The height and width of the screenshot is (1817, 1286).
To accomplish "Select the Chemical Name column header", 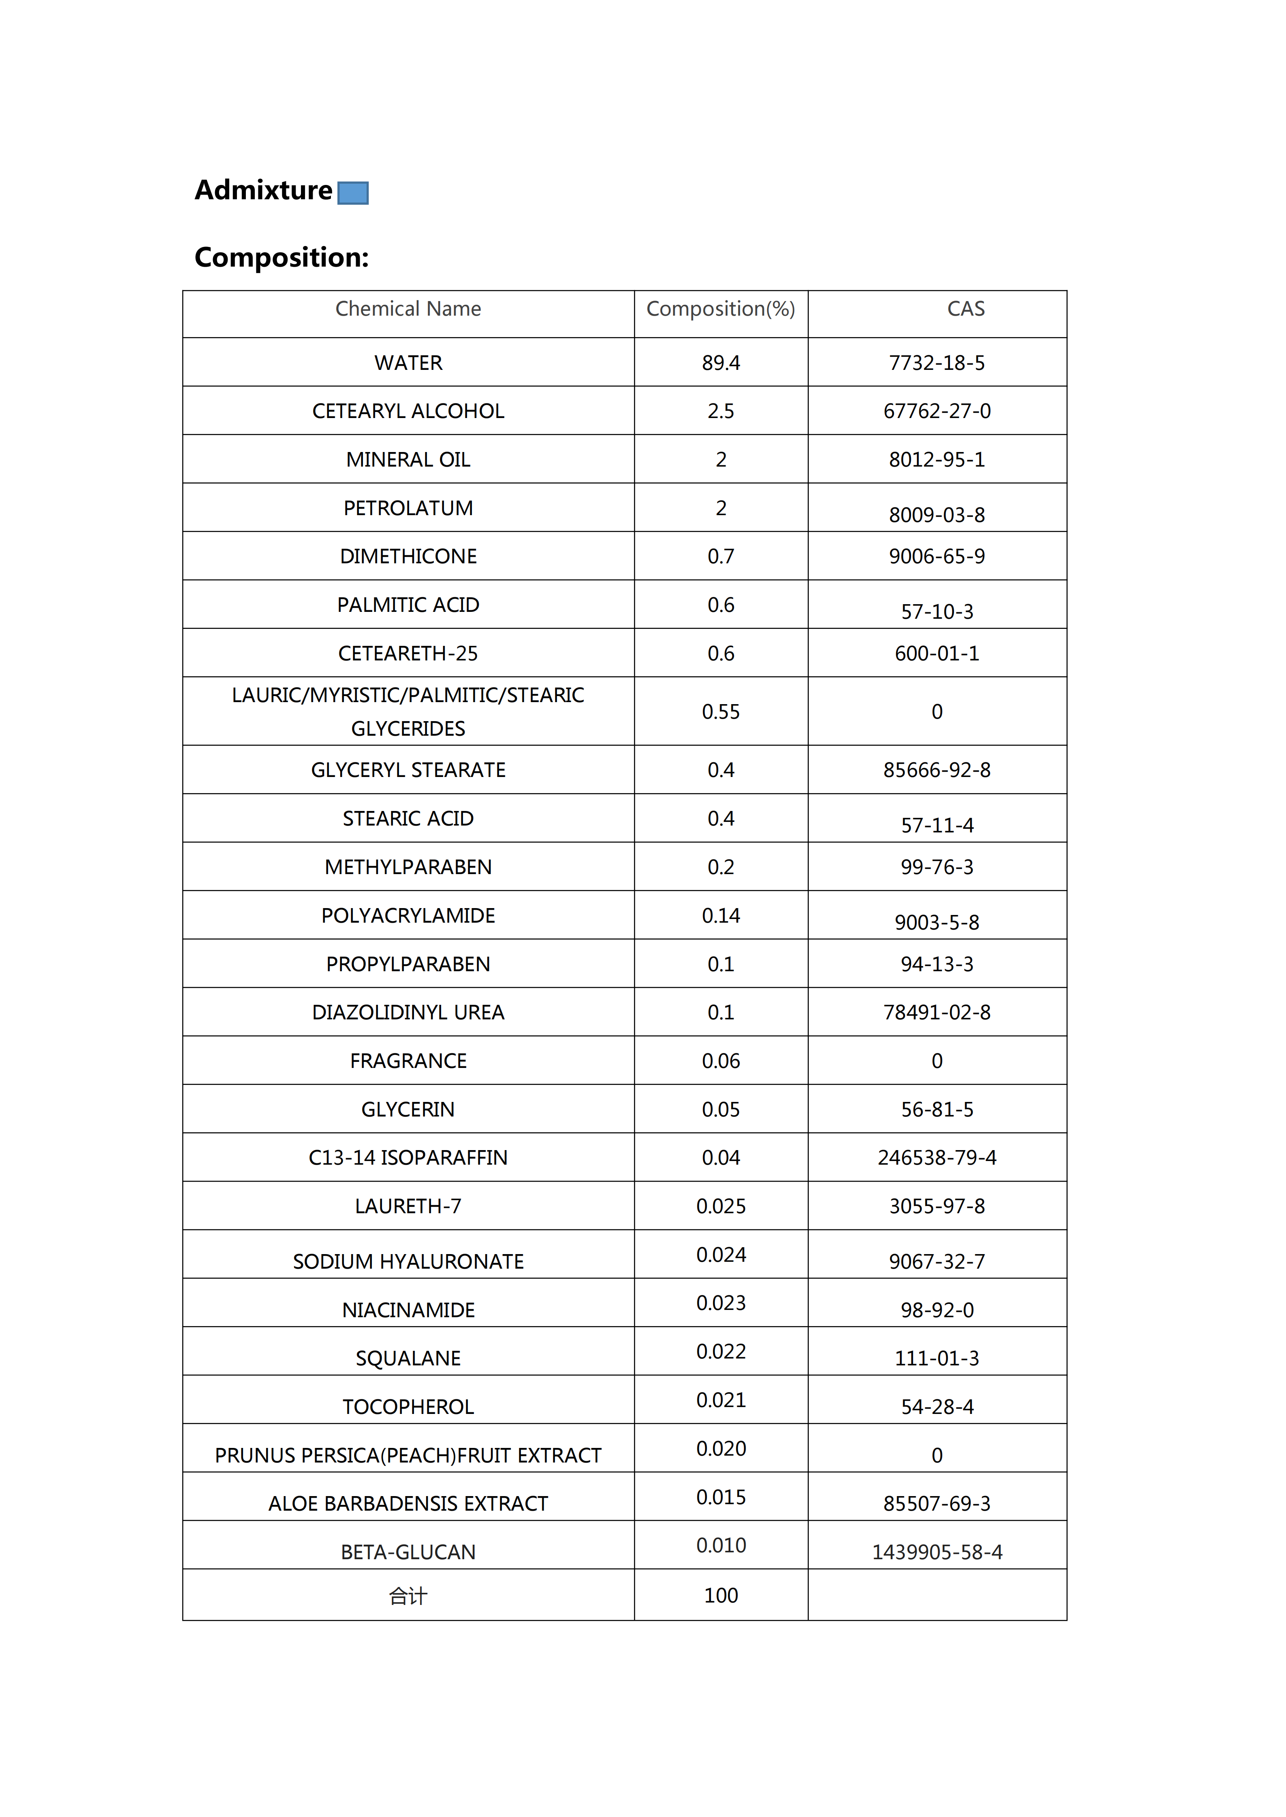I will [408, 309].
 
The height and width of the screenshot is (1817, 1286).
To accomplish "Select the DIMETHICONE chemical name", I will [408, 556].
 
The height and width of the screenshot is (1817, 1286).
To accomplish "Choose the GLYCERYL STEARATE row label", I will [408, 770].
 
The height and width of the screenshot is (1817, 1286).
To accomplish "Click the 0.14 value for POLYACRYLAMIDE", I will [721, 916].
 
